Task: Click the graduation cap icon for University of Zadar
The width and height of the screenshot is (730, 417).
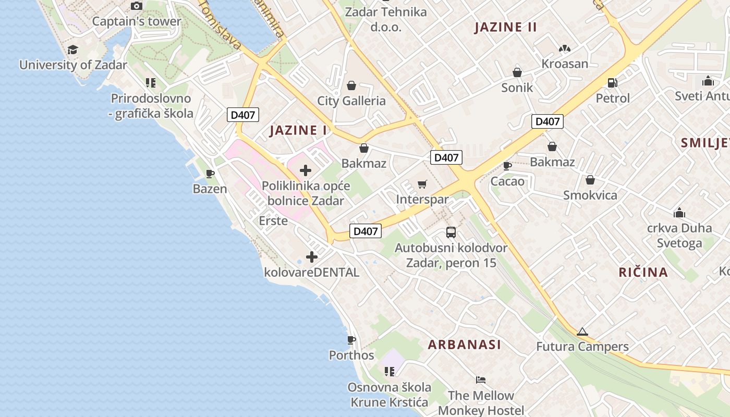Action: coord(72,50)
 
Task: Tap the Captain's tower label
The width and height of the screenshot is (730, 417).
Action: coord(137,21)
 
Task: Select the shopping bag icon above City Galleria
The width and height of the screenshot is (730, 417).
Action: coord(351,85)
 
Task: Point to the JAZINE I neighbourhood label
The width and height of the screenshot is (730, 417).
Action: coord(298,130)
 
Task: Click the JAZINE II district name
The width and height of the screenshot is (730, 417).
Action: coord(505,28)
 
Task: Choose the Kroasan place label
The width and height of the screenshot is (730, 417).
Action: coord(565,64)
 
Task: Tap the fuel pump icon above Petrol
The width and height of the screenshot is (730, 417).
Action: coord(613,82)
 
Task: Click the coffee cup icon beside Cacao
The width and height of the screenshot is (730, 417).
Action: coord(507,166)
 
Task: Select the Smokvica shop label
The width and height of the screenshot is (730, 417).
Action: coord(590,195)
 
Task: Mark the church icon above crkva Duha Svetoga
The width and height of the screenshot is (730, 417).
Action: coord(679,213)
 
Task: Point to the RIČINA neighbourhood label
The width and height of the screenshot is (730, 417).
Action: coord(643,272)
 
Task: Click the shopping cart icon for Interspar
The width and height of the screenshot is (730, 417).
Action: coord(422,184)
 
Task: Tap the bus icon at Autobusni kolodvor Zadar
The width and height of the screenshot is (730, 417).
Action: coord(451,232)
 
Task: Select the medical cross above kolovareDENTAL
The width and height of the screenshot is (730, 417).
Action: coord(312,257)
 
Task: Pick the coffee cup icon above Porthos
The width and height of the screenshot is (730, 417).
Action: coord(351,340)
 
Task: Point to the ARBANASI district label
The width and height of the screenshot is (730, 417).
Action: coord(465,345)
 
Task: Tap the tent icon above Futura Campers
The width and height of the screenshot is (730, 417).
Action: coord(582,332)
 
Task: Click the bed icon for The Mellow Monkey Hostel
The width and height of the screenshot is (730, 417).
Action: coord(481,379)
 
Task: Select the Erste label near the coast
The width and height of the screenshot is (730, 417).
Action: coord(273,220)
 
